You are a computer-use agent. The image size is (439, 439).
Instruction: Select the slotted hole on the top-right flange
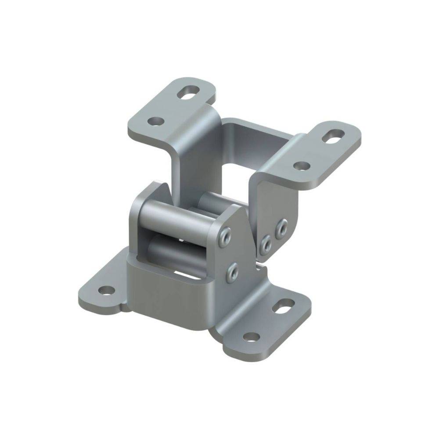[x=333, y=137]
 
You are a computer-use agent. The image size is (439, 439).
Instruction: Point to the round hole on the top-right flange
[x=301, y=166]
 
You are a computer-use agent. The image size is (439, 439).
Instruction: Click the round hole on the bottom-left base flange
[x=106, y=290]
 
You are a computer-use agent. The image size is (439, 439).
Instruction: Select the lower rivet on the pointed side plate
[x=232, y=271]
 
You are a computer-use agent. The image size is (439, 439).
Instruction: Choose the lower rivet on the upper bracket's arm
[x=266, y=245]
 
